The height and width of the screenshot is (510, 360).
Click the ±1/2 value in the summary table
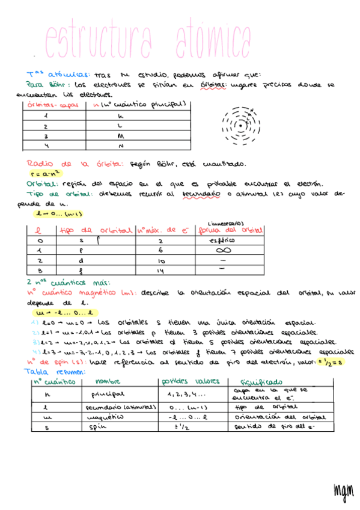[180, 428]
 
